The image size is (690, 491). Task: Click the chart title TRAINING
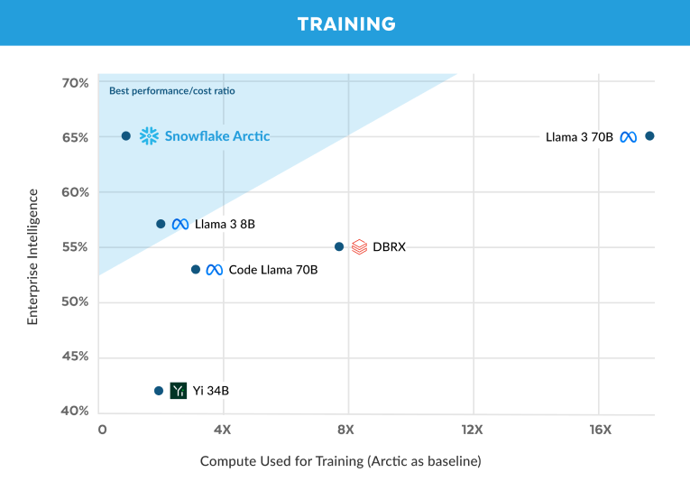[345, 23]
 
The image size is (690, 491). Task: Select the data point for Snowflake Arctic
[126, 136]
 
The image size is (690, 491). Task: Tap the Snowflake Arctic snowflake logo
[149, 136]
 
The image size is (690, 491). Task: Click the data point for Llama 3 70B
[649, 136]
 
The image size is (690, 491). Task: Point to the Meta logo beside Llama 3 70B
[629, 137]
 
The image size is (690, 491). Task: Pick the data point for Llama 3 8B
[161, 224]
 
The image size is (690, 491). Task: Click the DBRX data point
[339, 246]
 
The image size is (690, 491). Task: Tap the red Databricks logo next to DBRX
[359, 246]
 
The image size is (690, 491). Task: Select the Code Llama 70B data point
[196, 270]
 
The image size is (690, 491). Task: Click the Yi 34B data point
[159, 391]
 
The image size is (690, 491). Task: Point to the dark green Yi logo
[179, 391]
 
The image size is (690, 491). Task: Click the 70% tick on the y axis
[75, 83]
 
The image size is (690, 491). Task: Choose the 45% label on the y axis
[75, 357]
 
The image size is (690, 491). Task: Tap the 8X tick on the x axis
[347, 430]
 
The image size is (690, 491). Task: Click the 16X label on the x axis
[601, 430]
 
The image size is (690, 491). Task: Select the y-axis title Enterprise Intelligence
[32, 256]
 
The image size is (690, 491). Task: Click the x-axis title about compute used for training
[340, 461]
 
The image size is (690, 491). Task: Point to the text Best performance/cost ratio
[172, 91]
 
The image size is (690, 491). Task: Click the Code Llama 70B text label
[273, 270]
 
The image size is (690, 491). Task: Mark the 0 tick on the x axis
[102, 430]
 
